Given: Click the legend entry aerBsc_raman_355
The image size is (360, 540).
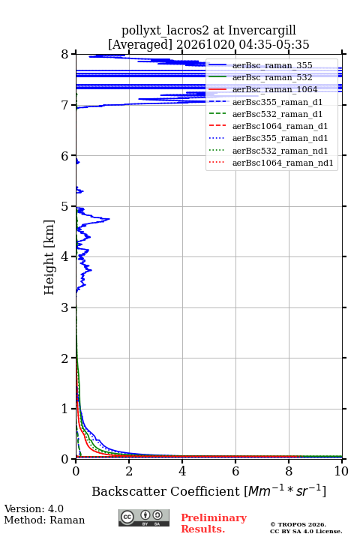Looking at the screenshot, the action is coord(272,65).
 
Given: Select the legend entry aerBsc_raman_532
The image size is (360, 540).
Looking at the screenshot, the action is coord(272,77).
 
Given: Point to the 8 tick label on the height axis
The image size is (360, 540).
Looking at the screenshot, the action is coord(65,55).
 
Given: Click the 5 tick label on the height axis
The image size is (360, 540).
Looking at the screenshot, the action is coord(65,207).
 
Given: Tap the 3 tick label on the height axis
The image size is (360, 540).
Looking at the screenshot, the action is coord(65,307).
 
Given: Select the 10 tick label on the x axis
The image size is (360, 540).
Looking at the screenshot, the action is coord(341,471).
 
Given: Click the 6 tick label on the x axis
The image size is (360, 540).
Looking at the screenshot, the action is coord(235,471).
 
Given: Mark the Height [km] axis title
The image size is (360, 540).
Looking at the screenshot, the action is coord(49,257).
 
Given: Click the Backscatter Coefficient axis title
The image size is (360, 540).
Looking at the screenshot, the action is coord(166,491).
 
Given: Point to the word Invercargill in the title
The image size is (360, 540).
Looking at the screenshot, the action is coord(262,30).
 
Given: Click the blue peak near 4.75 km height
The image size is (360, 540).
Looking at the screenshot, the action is coord(109,219).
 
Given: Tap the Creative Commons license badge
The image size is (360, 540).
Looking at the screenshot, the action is coord(144,517).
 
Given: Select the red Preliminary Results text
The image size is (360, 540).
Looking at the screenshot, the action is coord(214,523).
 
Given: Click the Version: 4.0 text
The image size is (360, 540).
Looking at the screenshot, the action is coord(34,508).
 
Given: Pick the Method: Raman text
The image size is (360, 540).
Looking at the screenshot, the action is coord(44,520).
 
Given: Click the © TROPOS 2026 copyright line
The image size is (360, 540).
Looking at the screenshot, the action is coord(298,524).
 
